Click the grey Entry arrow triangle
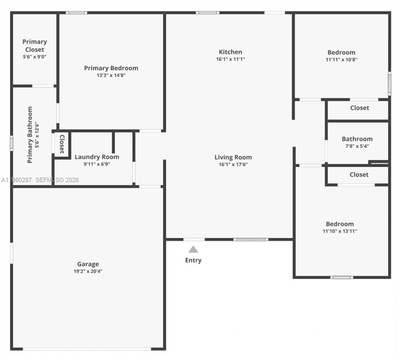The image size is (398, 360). (193, 249)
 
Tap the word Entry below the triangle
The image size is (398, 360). (193, 260)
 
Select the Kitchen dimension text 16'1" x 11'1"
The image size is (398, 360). (230, 59)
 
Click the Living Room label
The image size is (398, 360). (233, 157)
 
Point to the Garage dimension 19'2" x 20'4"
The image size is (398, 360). (88, 271)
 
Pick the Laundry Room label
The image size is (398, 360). (97, 157)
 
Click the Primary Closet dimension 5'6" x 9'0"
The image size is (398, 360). (35, 57)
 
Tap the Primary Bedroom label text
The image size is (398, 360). (111, 68)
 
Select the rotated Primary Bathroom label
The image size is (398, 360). (30, 135)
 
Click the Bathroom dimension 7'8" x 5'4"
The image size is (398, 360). (357, 146)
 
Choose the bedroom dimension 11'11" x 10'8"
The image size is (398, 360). (341, 60)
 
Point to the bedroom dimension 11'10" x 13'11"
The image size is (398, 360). (340, 231)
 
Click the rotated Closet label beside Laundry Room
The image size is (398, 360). (62, 144)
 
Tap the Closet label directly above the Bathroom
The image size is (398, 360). (359, 108)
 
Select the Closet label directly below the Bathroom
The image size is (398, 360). (359, 175)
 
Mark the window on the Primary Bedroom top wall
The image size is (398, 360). (76, 13)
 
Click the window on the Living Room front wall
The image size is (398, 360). (251, 239)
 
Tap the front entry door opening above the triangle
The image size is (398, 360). (194, 239)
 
